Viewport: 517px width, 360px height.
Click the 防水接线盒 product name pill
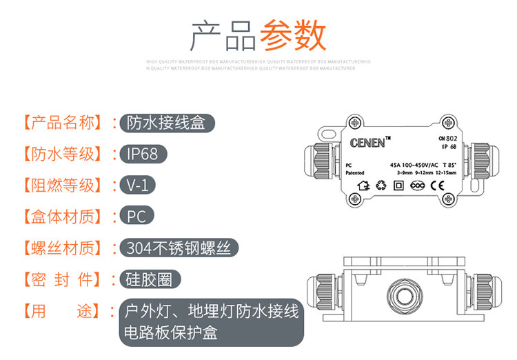tap(167, 123)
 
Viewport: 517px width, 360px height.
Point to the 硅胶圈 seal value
tap(150, 279)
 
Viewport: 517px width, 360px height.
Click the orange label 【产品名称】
tap(63, 123)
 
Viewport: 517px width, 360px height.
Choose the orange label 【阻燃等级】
tap(63, 186)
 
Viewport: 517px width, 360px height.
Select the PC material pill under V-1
tap(136, 217)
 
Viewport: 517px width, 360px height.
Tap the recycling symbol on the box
tap(381, 186)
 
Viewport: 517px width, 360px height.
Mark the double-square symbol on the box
tap(398, 186)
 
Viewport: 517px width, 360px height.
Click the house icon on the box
tap(364, 186)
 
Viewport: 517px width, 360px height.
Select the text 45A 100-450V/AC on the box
tap(414, 165)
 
